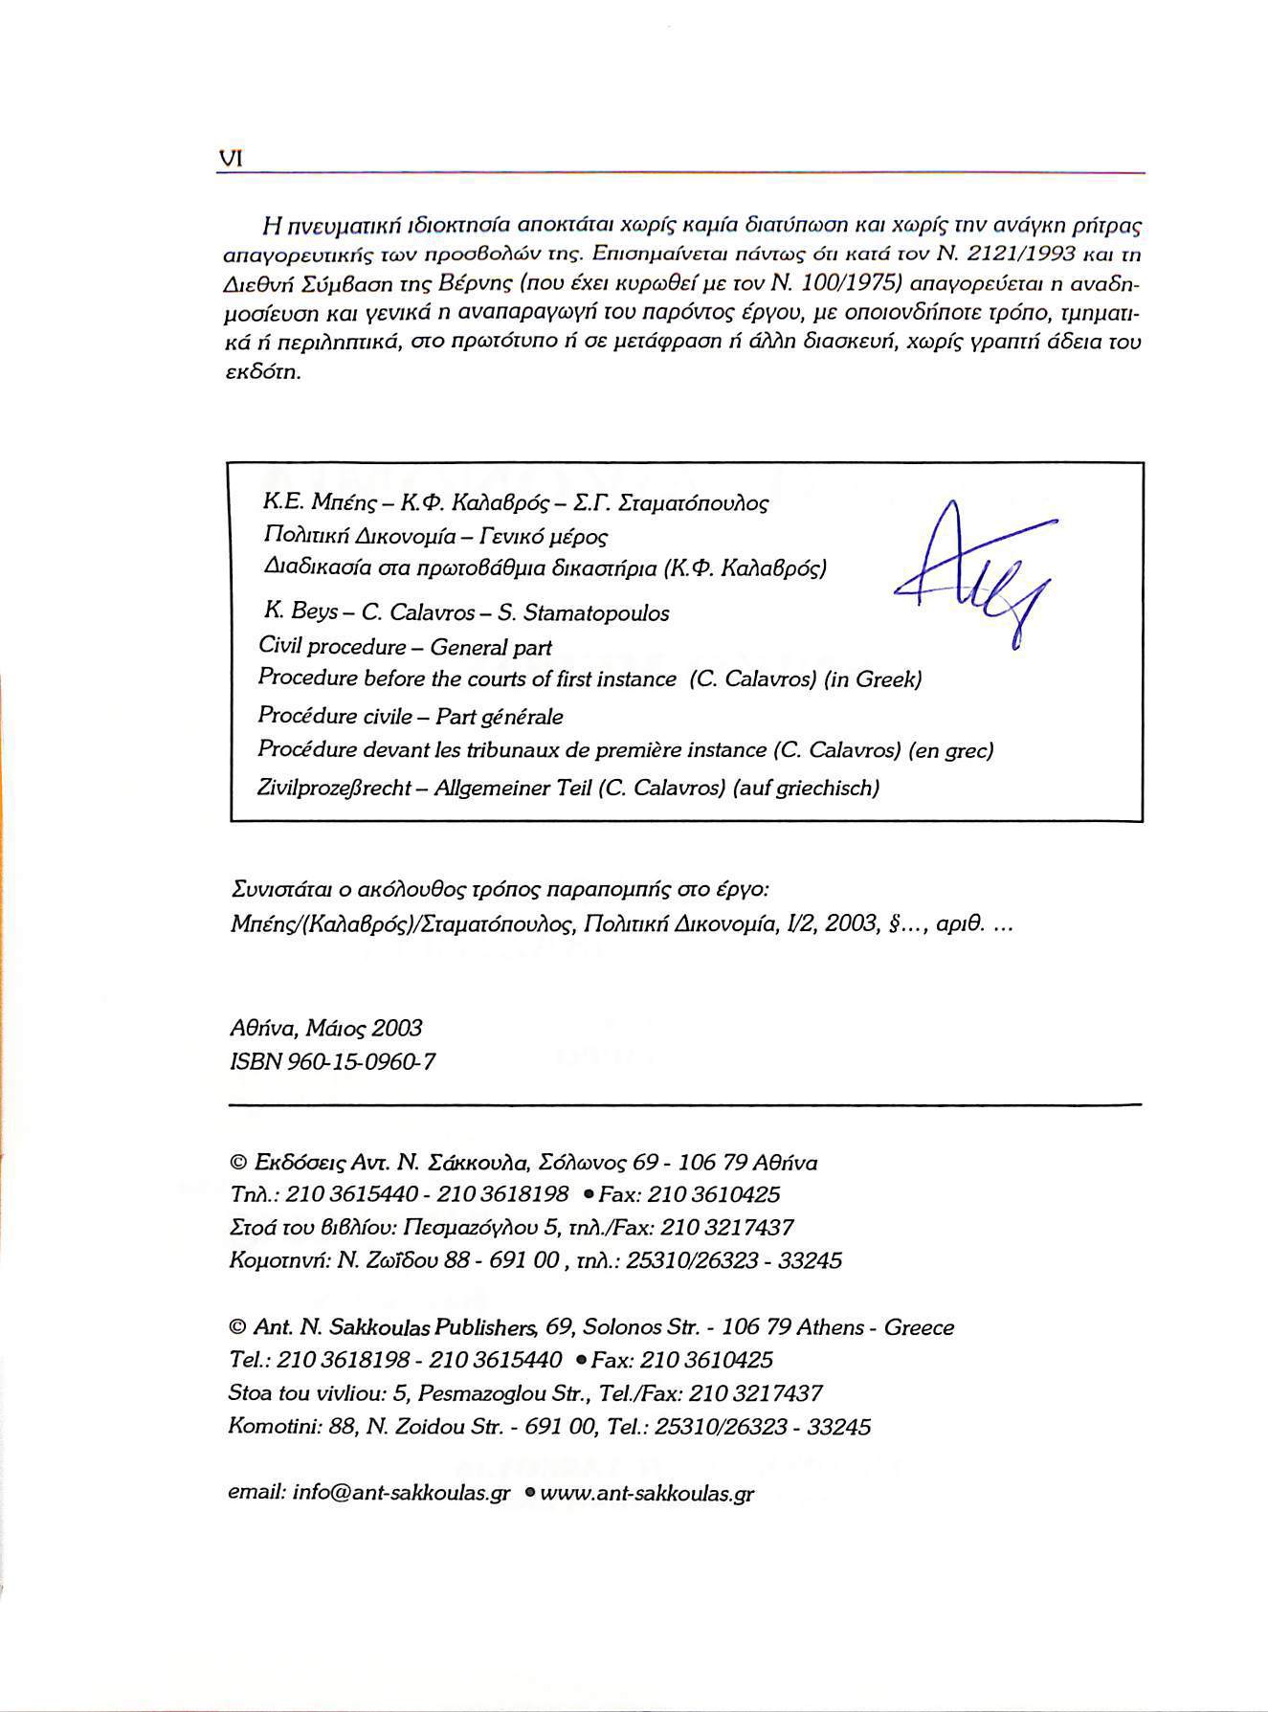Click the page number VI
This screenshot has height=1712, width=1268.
[231, 159]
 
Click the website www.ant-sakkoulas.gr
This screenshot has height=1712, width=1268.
[648, 1493]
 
